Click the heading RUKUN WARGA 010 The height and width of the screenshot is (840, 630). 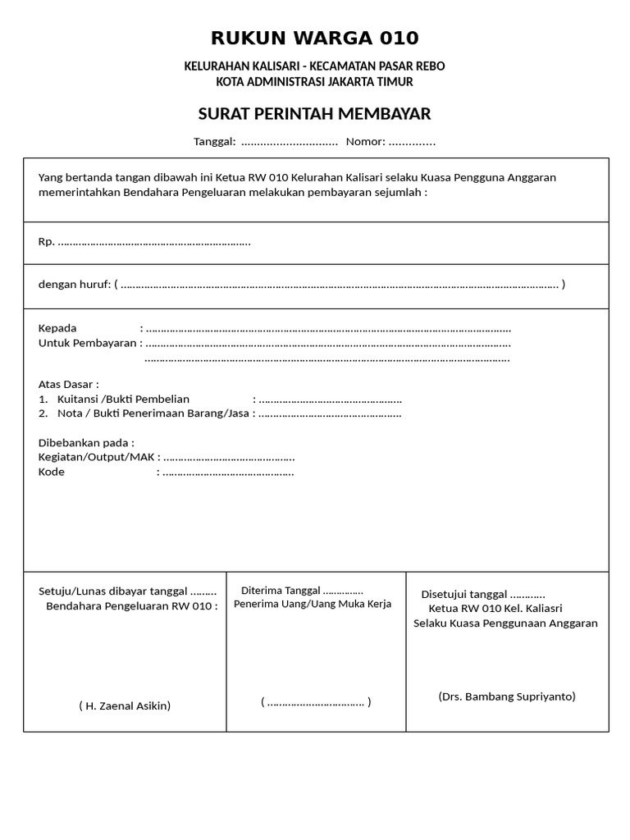coord(315,38)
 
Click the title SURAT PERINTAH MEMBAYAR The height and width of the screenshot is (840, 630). coord(315,113)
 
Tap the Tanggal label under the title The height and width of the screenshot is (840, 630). coord(214,141)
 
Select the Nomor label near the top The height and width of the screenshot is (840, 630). coord(365,141)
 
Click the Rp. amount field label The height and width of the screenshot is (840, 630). coord(46,241)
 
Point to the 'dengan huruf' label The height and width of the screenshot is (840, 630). coord(74,284)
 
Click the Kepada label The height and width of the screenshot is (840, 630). coord(57,328)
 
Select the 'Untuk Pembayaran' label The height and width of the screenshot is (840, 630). coord(87,343)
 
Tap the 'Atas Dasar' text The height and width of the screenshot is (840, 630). coord(68,384)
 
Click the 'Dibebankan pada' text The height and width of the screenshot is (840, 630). coord(86,442)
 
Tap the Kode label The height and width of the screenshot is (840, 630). coord(52,472)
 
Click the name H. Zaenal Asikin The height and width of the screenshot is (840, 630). coord(125,705)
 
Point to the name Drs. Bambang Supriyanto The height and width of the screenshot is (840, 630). coord(507,696)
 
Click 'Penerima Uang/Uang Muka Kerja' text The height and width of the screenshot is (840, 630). coord(313,604)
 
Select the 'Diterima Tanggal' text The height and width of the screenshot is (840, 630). coord(280,591)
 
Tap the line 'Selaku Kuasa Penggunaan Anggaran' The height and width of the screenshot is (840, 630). coord(505,623)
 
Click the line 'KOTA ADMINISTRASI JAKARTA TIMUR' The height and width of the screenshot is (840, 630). coord(315,81)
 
